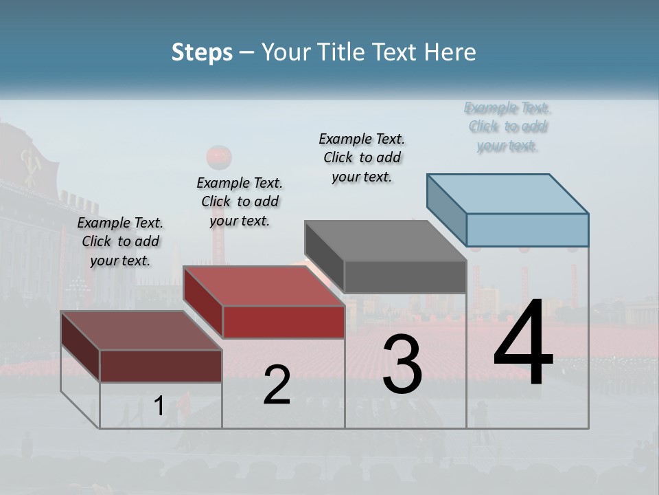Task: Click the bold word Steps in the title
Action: pyautogui.click(x=202, y=52)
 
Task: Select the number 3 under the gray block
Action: pyautogui.click(x=402, y=364)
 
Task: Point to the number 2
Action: pyautogui.click(x=277, y=385)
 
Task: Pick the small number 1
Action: pyautogui.click(x=159, y=406)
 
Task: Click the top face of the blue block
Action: pyautogui.click(x=508, y=194)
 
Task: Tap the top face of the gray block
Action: pyautogui.click(x=384, y=241)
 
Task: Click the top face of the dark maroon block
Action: pyautogui.click(x=141, y=331)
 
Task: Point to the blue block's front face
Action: pyautogui.click(x=527, y=230)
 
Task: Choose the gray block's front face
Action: pyautogui.click(x=405, y=276)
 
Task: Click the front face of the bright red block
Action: pyautogui.click(x=284, y=322)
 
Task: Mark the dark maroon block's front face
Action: pyautogui.click(x=161, y=366)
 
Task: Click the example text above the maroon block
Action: pyautogui.click(x=120, y=242)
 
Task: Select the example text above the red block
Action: pyautogui.click(x=240, y=201)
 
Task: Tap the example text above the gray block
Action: pyautogui.click(x=362, y=157)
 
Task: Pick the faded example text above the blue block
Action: pyautogui.click(x=508, y=126)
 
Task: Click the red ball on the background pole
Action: pyautogui.click(x=219, y=157)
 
